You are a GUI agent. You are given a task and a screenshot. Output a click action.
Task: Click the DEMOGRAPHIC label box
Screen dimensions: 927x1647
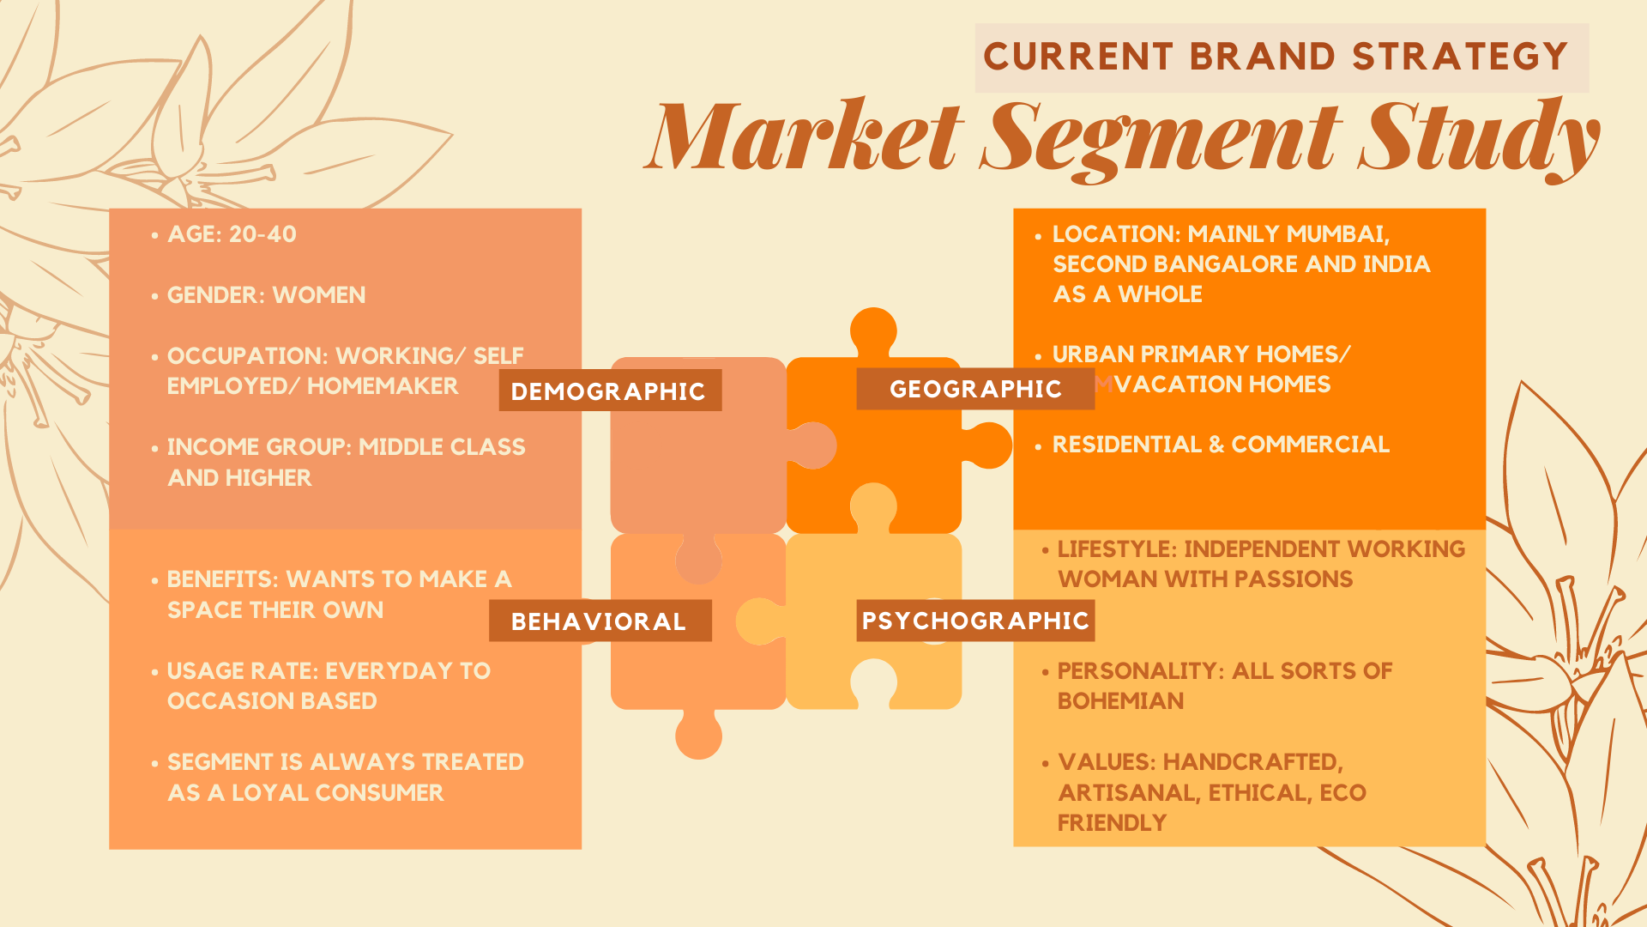(x=609, y=391)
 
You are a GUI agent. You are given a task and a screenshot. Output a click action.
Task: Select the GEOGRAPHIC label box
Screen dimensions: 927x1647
(x=975, y=389)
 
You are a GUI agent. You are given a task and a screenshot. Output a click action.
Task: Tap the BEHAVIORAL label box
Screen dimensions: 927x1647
(x=599, y=621)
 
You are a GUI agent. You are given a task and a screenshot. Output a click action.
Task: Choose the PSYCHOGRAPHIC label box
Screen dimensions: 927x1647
(x=975, y=620)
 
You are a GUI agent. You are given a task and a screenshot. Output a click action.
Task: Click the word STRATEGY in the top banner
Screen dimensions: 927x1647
(x=1460, y=58)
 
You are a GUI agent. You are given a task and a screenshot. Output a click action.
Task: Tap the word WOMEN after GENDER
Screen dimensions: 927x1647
(x=318, y=295)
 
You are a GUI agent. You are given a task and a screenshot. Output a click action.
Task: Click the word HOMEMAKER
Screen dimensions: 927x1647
(x=383, y=386)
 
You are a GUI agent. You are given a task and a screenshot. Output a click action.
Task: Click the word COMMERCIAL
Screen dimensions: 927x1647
(x=1310, y=445)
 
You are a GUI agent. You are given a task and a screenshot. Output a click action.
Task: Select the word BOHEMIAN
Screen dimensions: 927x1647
(x=1120, y=701)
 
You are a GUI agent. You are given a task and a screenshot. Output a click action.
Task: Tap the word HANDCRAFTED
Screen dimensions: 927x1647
(x=1252, y=762)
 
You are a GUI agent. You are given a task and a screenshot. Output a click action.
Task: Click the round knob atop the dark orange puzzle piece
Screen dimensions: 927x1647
(x=873, y=330)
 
